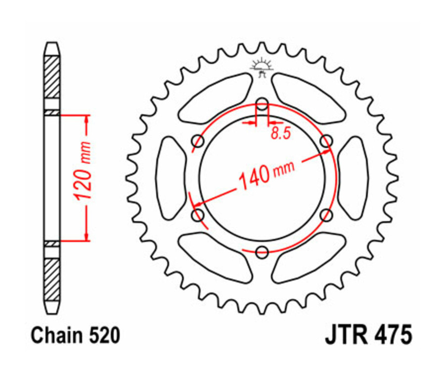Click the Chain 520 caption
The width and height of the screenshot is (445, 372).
[75, 336]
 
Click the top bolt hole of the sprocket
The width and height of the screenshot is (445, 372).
[262, 104]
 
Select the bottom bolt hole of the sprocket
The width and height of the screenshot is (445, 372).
[262, 252]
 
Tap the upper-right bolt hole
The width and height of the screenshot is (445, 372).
[326, 141]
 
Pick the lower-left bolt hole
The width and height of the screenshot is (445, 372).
[198, 215]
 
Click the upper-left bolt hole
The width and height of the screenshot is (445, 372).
[198, 141]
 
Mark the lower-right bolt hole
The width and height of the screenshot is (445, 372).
[326, 215]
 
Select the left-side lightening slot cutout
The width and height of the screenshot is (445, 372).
[171, 178]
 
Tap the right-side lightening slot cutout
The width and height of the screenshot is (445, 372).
[353, 178]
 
